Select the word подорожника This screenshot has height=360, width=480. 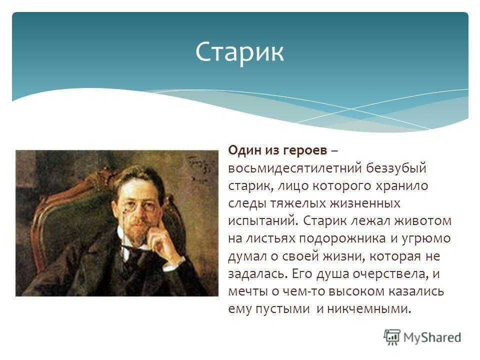(342, 239)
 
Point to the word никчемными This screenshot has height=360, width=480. (369, 309)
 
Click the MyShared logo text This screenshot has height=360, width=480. (432, 337)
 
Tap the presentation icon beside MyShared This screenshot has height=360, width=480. (392, 337)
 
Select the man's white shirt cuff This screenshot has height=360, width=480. (174, 264)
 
